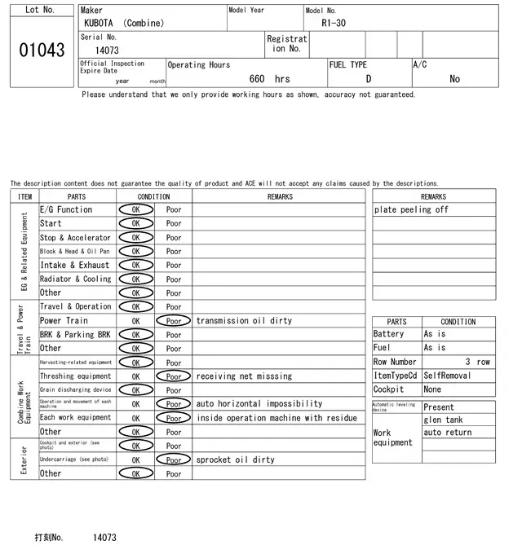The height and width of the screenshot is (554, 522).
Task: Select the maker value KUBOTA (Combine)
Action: pyautogui.click(x=124, y=23)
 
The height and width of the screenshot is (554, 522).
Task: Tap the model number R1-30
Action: pyautogui.click(x=334, y=23)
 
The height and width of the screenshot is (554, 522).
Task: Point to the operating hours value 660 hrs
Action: pyautogui.click(x=269, y=79)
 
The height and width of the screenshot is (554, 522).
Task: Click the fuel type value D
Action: pyautogui.click(x=368, y=79)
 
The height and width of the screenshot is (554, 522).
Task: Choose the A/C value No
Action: pyautogui.click(x=454, y=79)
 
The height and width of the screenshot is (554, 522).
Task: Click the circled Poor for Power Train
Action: pyautogui.click(x=174, y=321)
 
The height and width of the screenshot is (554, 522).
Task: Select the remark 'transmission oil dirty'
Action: pyautogui.click(x=245, y=321)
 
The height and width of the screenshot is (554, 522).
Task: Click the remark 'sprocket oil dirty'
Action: pyautogui.click(x=236, y=459)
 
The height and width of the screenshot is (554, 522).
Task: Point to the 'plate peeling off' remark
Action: pyautogui.click(x=411, y=210)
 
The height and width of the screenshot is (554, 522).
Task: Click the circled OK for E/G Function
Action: pyautogui.click(x=136, y=210)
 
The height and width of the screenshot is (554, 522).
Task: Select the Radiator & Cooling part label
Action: pyautogui.click(x=76, y=279)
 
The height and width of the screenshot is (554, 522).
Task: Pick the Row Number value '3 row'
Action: pyautogui.click(x=477, y=362)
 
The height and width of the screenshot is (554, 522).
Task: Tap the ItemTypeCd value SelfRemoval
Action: pyautogui.click(x=447, y=376)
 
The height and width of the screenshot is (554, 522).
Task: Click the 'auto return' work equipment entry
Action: pyautogui.click(x=447, y=433)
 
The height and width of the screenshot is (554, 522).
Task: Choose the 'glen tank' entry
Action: pyautogui.click(x=443, y=420)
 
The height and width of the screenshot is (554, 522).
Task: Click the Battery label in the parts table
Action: pyautogui.click(x=388, y=334)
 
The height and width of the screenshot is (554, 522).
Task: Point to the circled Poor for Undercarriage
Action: pyautogui.click(x=174, y=459)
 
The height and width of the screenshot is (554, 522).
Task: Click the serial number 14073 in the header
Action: pyautogui.click(x=107, y=51)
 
